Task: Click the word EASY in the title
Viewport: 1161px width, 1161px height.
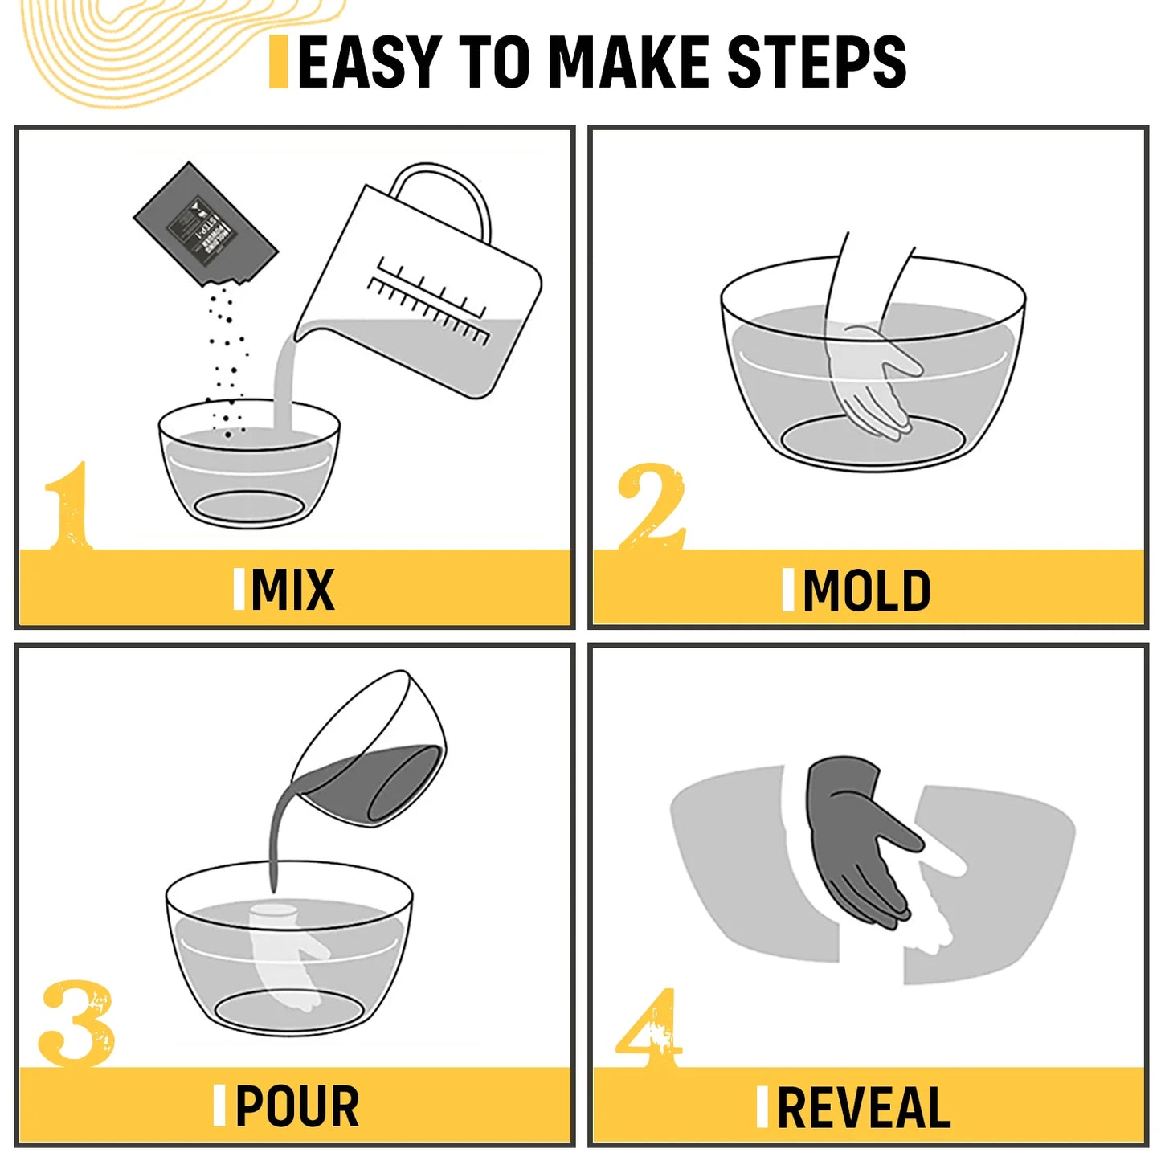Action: point(369,62)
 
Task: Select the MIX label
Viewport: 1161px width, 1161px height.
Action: point(292,591)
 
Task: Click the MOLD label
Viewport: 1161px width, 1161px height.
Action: point(866,591)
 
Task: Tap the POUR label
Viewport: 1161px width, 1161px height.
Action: point(296,1107)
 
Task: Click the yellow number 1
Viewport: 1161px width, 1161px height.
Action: point(69,506)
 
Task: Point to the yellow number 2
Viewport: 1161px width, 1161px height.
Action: point(651,506)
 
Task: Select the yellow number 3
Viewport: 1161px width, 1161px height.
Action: point(76,1024)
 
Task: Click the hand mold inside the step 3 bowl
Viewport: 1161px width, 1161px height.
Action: point(285,952)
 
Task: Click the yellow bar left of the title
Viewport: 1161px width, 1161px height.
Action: point(279,62)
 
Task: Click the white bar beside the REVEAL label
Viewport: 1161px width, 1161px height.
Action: point(762,1107)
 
